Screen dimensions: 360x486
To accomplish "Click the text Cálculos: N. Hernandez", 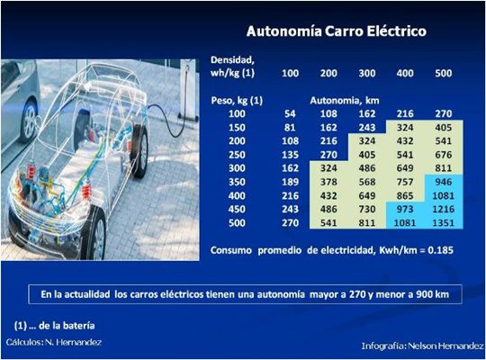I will (x=54, y=343).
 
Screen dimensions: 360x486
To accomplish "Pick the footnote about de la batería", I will (x=56, y=325).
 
